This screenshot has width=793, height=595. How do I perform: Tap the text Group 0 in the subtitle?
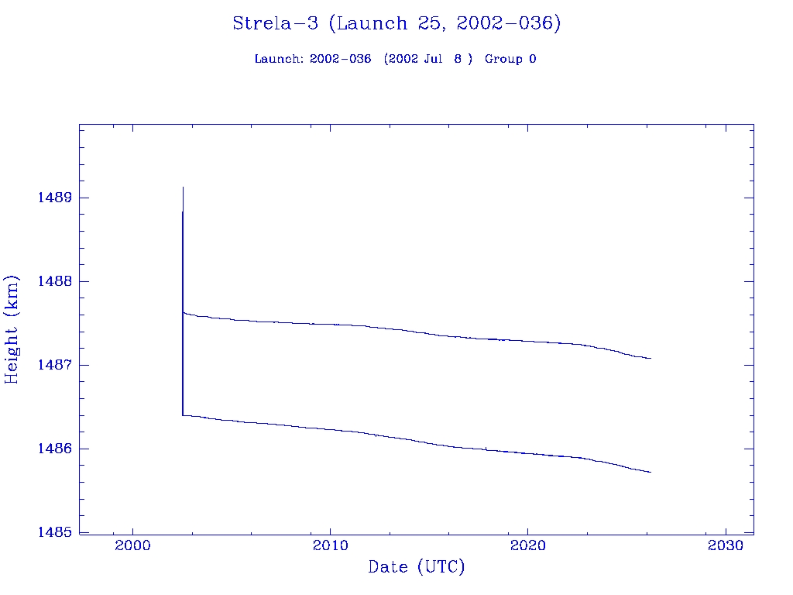click(x=510, y=59)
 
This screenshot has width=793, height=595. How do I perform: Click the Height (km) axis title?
click(x=12, y=328)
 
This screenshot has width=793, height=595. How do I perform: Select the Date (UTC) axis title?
click(x=417, y=568)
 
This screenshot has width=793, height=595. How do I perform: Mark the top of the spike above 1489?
click(x=183, y=187)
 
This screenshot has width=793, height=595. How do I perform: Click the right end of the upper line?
click(x=651, y=358)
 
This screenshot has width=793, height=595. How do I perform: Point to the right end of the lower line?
click(x=651, y=472)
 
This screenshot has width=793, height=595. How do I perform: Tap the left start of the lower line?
click(x=183, y=415)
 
